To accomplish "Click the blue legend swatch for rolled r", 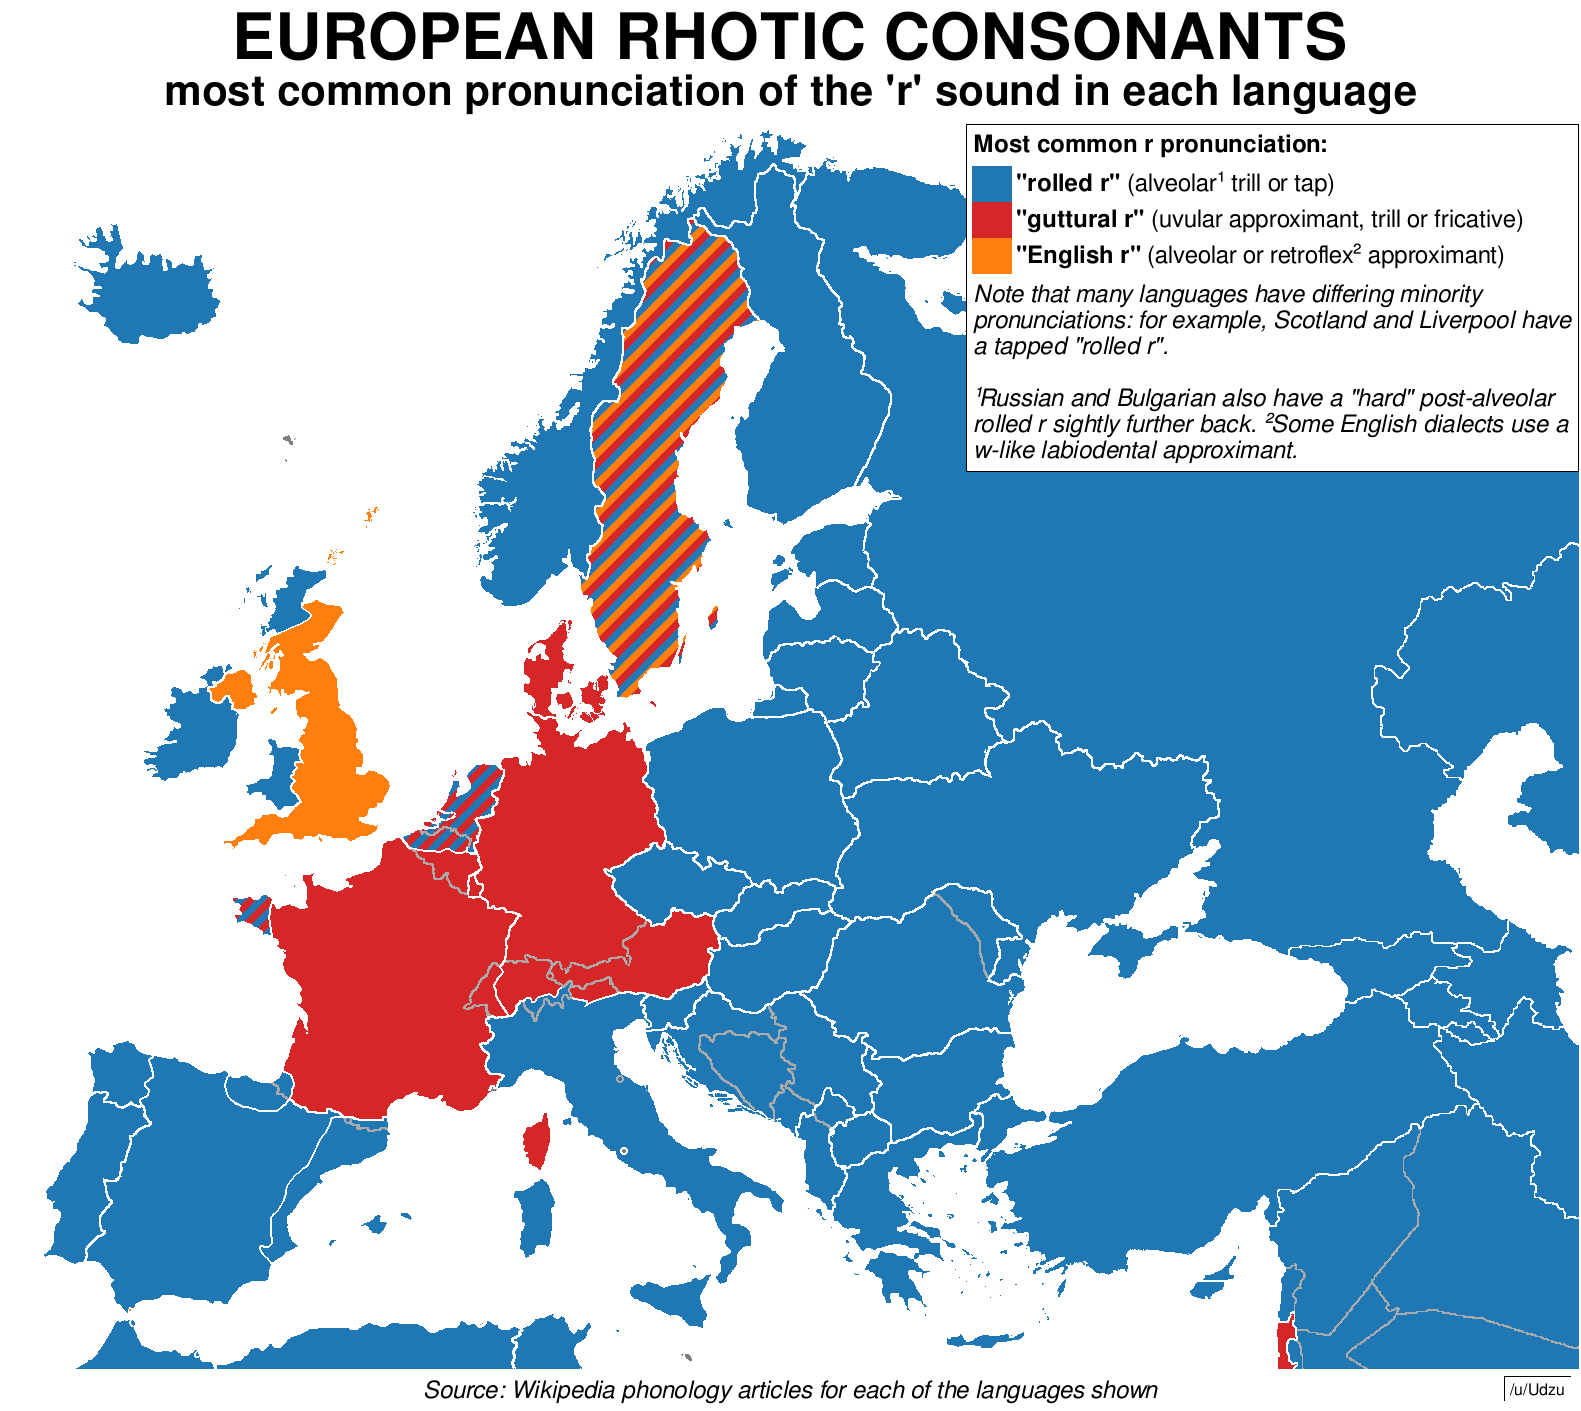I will click(991, 183).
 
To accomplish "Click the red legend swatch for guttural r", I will click(991, 219).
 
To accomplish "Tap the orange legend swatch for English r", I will click(991, 255).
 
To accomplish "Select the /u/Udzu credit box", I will click(1537, 1390).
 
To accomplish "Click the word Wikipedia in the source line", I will click(567, 1390).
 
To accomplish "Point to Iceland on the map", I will click(150, 290).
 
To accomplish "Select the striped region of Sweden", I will click(650, 450).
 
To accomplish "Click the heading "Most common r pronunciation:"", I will click(1150, 145).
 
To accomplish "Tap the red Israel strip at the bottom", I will click(1286, 1345).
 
